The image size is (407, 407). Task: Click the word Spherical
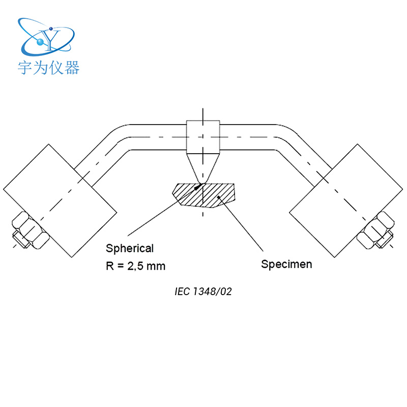pos(129,249)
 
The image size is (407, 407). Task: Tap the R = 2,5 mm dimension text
pos(135,266)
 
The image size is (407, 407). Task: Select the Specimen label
pos(286,265)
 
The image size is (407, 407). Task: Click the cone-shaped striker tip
pos(203,168)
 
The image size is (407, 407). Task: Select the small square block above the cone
pos(203,136)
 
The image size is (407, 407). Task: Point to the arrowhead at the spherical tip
pos(199,185)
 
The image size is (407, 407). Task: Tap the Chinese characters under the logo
pos(49,68)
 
